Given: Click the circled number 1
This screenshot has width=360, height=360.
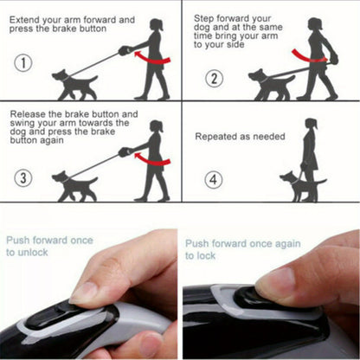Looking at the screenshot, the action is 23,63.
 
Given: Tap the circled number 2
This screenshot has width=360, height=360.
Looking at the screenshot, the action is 214,78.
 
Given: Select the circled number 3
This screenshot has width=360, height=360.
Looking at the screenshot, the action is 23,177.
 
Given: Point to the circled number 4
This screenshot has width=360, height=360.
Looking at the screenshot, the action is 214,179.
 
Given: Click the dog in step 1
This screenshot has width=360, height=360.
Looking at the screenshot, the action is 74,85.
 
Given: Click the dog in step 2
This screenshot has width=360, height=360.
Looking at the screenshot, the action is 271,85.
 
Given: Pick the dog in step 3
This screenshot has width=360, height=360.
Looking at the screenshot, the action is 74,186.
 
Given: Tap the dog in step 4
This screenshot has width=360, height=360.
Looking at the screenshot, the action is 301,186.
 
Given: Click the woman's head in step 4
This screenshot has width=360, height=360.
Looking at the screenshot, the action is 312,125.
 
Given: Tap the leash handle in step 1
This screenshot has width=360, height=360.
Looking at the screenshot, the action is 125,51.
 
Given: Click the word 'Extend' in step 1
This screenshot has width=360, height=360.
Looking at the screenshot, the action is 24,20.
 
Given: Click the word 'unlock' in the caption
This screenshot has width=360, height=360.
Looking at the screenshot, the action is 33,253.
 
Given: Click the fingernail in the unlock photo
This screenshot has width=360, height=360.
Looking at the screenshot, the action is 84,292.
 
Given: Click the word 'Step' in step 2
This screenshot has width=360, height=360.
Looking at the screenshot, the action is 204,19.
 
